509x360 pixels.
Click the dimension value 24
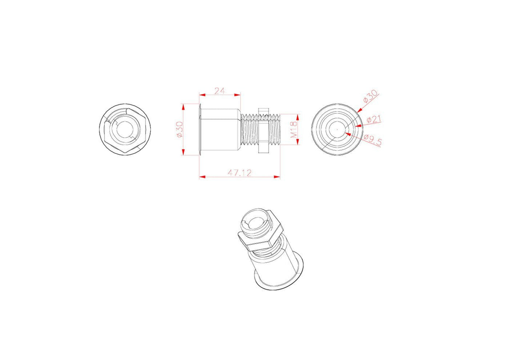tap(220, 91)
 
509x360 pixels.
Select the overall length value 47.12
tap(239, 172)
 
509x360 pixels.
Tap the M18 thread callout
tap(294, 129)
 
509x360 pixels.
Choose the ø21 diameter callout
tap(374, 120)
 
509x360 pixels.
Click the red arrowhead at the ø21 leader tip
tap(357, 125)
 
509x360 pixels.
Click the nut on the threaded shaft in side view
tap(263, 129)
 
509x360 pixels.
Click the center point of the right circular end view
tap(337, 129)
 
